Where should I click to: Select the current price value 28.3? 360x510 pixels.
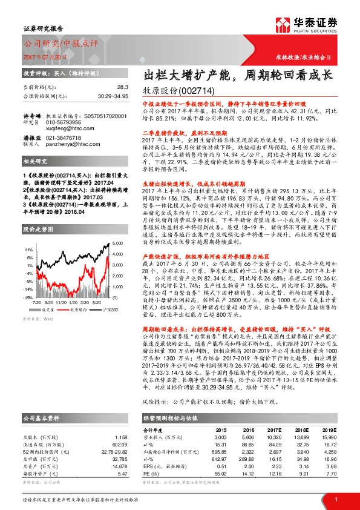[120, 87]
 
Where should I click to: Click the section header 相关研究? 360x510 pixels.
[35, 164]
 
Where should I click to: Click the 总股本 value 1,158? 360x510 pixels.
[120, 437]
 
